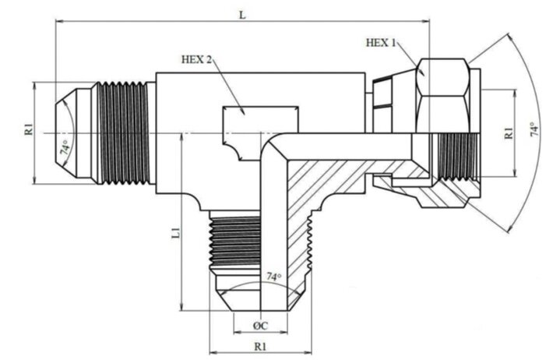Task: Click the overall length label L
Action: point(242,15)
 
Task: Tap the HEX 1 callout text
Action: point(382,42)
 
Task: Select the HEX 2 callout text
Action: point(197,58)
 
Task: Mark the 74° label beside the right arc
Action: point(534,130)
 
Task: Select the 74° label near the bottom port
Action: point(273,277)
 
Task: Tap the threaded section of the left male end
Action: point(125,132)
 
